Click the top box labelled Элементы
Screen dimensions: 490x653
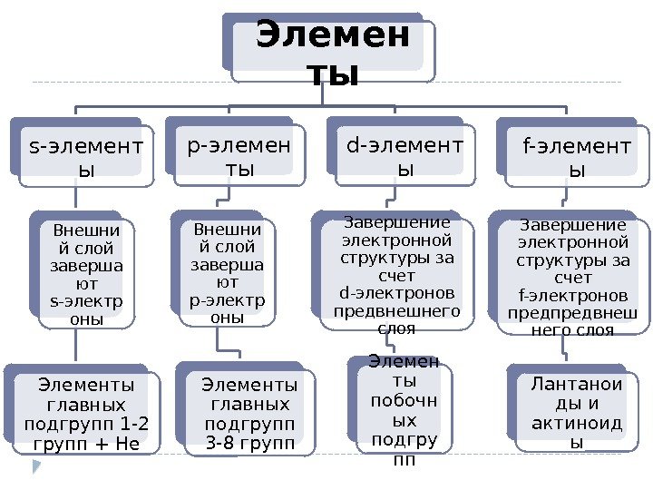pyautogui.click(x=331, y=55)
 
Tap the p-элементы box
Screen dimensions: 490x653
pyautogui.click(x=239, y=155)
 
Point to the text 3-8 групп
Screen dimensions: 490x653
pyautogui.click(x=250, y=444)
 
